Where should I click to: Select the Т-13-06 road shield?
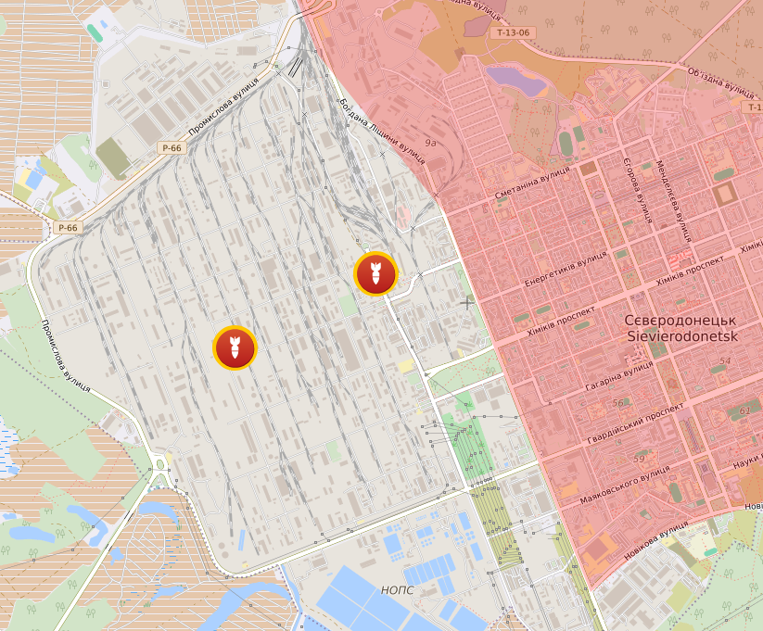[x=513, y=32]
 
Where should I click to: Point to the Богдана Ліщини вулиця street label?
[x=382, y=130]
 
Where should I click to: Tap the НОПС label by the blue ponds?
[x=397, y=590]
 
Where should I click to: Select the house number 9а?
[x=430, y=144]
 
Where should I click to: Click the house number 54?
[x=725, y=361]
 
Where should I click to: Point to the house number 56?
[x=617, y=403]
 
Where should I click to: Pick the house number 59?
[x=639, y=460]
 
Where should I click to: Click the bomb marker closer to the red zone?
[x=375, y=273]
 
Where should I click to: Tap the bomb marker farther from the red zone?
[x=235, y=348]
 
